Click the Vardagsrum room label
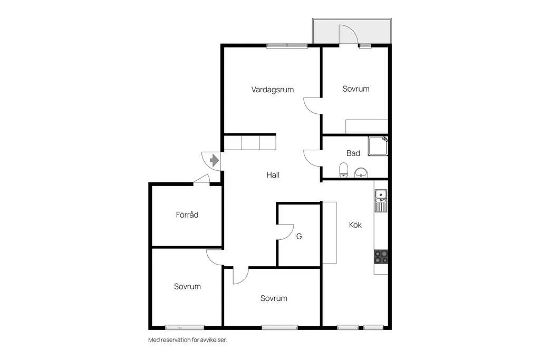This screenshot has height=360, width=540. (x=273, y=90)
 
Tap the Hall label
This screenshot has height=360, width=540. (x=273, y=175)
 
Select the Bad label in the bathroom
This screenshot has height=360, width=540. (x=353, y=153)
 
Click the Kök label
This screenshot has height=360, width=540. (x=355, y=225)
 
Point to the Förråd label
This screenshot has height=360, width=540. (x=187, y=215)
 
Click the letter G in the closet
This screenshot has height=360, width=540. (x=299, y=237)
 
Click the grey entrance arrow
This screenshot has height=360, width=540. (x=214, y=160)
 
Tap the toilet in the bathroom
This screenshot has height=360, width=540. (x=343, y=170)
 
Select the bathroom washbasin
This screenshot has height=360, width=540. (x=361, y=172)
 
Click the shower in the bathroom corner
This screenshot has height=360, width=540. (x=378, y=147)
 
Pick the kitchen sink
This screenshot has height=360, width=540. (x=381, y=201)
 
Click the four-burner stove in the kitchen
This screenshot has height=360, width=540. (x=381, y=257)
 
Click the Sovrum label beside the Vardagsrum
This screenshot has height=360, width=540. (x=356, y=89)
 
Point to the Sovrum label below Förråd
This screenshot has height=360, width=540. (x=187, y=286)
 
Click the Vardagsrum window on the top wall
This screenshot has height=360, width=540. (x=287, y=45)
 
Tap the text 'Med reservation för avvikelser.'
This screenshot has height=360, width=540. (x=187, y=340)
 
